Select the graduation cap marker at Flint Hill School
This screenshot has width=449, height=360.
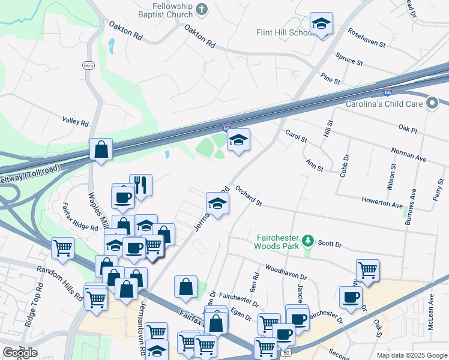321,24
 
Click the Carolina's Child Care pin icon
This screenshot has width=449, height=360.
432,104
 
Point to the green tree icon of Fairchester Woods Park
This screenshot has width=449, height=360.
308,241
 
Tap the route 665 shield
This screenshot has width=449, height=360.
89,65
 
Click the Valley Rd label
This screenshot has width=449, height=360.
76,121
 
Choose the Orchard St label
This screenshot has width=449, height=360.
249,196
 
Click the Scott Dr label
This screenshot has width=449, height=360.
330,244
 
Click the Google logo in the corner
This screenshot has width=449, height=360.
20,353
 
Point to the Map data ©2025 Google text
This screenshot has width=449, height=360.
411,355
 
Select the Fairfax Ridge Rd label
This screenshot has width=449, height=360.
80,217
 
